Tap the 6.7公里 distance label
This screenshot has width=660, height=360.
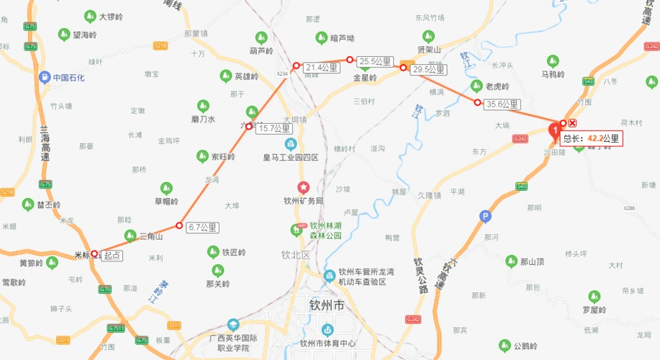(x=202, y=228)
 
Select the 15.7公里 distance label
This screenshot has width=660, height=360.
(x=274, y=128)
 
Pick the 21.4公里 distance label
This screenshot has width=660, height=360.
(x=321, y=68)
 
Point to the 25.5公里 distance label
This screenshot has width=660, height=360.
(x=375, y=61)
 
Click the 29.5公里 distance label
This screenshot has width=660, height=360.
(x=428, y=70)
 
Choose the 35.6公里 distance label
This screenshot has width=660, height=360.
(x=502, y=104)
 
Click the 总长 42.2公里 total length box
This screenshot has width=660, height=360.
(x=591, y=138)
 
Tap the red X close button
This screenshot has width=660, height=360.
(x=573, y=123)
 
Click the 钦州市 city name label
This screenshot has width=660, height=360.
(x=327, y=305)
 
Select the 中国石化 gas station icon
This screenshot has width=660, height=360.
(x=45, y=77)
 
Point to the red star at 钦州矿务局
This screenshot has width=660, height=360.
(x=304, y=187)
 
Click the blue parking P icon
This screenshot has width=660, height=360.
(x=485, y=215)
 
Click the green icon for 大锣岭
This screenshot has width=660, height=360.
(x=90, y=15)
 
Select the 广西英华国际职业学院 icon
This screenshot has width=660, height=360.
(x=233, y=325)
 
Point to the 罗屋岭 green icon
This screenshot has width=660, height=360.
(x=594, y=296)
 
